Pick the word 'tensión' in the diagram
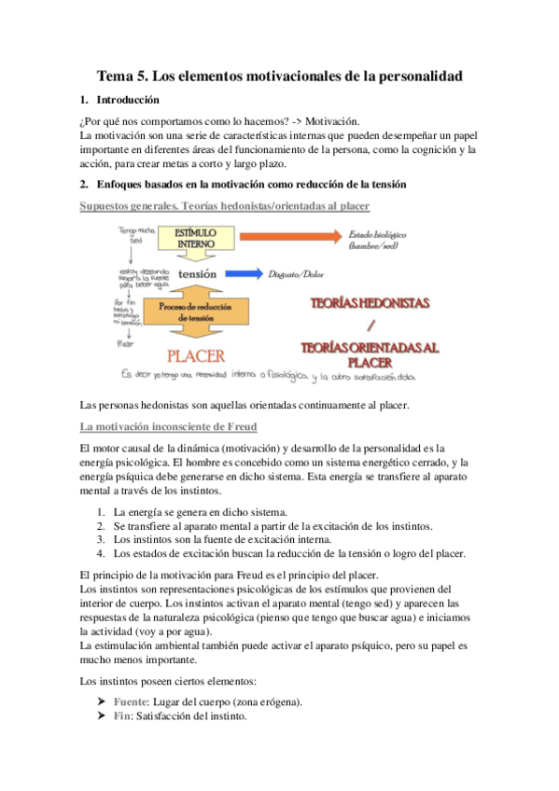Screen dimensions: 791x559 tap(197, 274)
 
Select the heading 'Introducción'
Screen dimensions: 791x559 tap(130, 99)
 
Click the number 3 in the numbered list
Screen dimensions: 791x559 tap(101, 539)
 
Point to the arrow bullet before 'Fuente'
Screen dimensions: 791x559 tap(101, 701)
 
